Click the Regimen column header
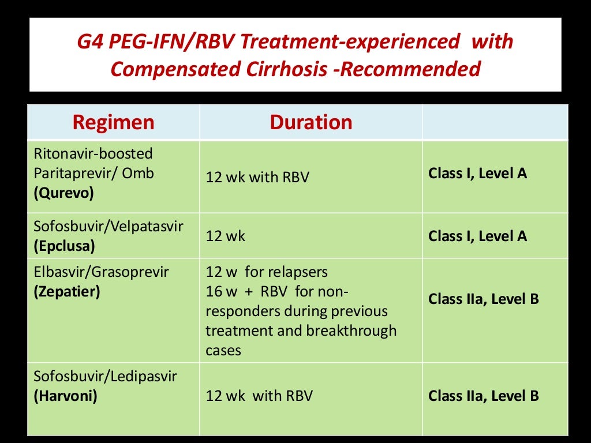tap(113, 122)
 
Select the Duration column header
tap(311, 122)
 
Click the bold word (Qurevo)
tap(63, 193)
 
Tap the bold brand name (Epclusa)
tap(64, 245)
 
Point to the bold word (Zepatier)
tap(67, 291)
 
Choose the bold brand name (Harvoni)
tap(65, 396)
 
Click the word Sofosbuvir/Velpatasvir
tap(109, 226)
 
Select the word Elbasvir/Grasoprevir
tap(102, 271)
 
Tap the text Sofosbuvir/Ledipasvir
tap(106, 377)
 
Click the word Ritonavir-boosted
tap(93, 153)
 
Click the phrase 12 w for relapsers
tap(267, 272)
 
